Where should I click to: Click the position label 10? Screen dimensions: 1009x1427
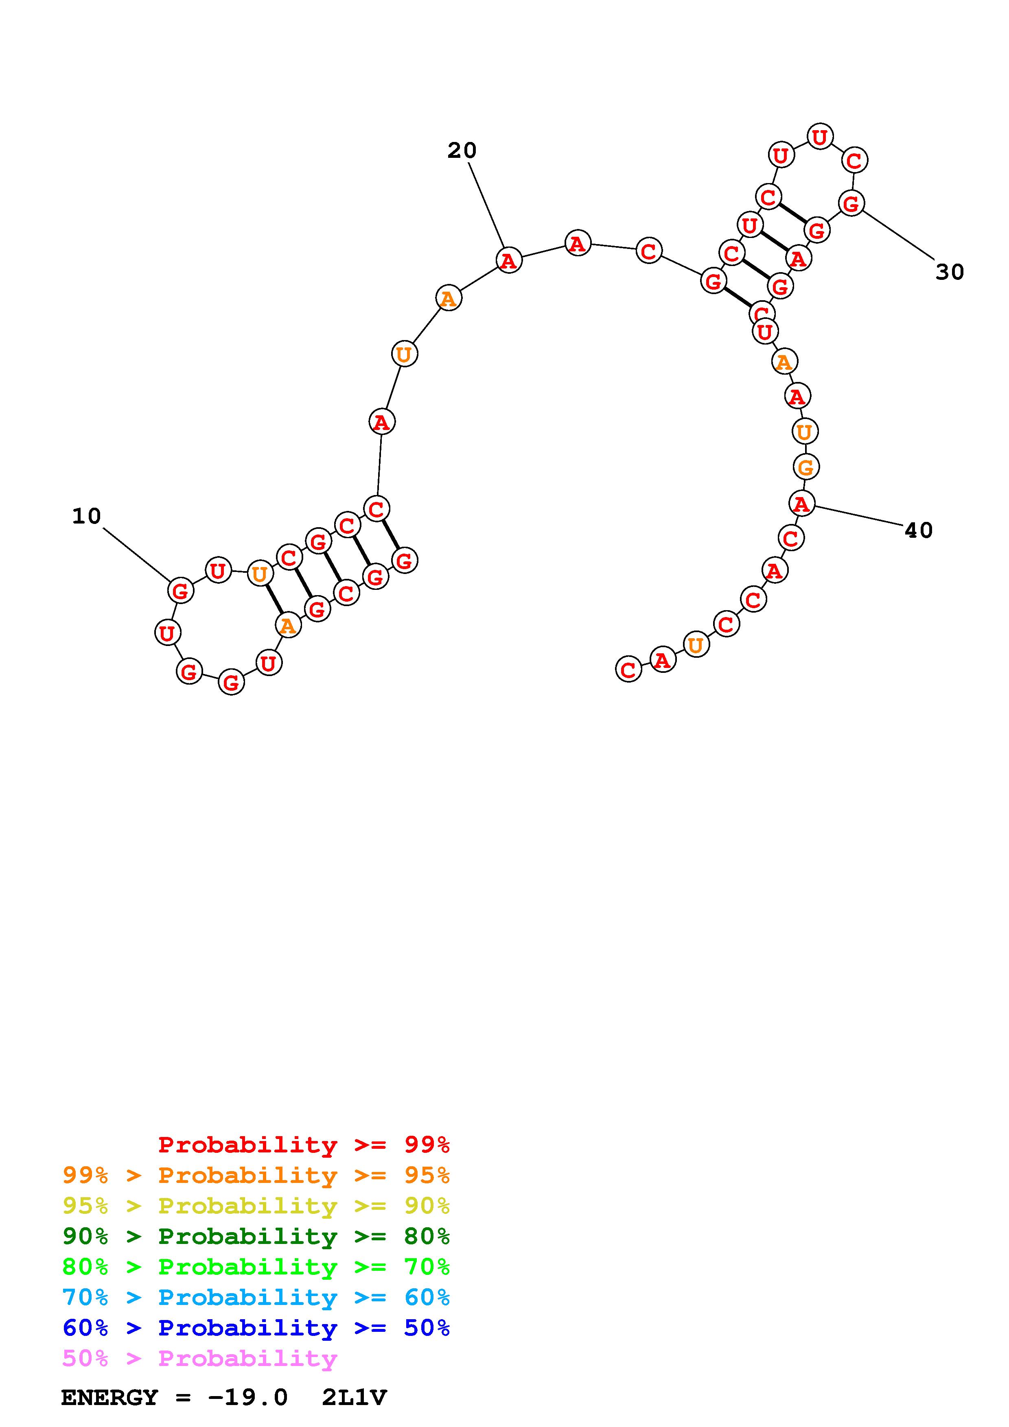86,516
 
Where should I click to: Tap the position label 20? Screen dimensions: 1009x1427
462,151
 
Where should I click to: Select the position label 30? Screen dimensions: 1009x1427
950,272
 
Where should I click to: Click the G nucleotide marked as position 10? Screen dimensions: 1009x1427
180,590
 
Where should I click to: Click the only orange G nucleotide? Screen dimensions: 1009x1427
806,467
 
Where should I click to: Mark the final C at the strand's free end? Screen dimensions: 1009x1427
628,670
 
